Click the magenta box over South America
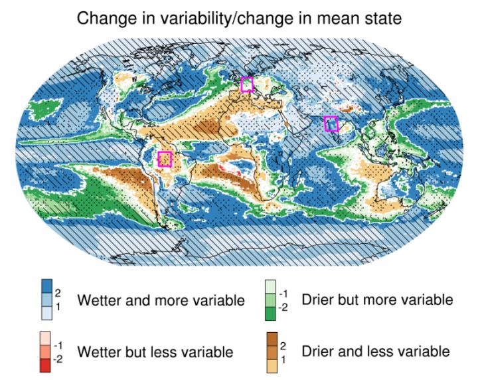[165, 159]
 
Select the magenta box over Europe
[247, 84]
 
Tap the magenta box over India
[331, 124]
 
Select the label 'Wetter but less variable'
[155, 351]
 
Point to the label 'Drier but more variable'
[377, 300]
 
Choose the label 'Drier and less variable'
[375, 351]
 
